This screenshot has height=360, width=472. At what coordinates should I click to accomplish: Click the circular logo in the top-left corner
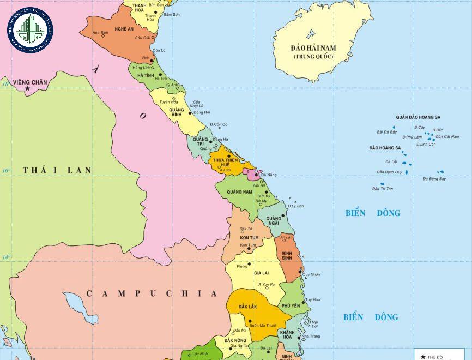30,29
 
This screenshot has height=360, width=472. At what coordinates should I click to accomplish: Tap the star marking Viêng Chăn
27,88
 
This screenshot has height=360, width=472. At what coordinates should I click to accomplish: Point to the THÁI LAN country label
57,170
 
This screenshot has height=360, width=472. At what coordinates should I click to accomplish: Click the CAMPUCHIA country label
152,293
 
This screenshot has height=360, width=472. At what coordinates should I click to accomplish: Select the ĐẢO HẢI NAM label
313,48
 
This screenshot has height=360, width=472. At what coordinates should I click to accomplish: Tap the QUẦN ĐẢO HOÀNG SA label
418,117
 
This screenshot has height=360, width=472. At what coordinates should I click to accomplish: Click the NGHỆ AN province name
124,29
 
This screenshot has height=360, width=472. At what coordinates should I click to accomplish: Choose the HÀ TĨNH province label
146,75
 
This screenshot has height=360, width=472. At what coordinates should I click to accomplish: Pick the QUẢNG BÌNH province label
176,112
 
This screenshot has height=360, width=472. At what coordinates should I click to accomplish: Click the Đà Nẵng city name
269,175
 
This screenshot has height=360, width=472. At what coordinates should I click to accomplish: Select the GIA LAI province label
262,273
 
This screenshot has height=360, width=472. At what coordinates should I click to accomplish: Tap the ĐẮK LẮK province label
247,307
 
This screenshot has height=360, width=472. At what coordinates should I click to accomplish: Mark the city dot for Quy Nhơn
301,270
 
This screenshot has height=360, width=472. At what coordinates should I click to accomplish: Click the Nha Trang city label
311,337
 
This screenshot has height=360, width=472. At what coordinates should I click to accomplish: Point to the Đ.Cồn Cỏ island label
219,124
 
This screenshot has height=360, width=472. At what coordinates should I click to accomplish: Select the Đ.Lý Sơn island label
295,206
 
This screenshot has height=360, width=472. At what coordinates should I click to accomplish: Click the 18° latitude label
5,84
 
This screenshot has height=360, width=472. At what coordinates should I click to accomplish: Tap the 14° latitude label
5,256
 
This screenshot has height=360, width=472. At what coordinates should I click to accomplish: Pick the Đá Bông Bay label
434,179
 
